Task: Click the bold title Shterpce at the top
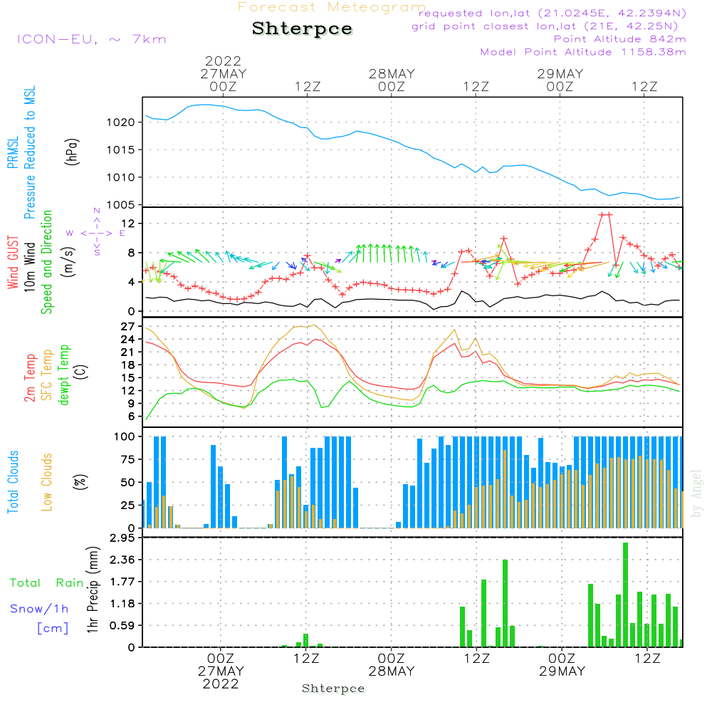(302, 28)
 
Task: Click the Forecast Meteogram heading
(332, 7)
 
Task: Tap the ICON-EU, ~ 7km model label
(91, 38)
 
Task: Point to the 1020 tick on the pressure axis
(121, 122)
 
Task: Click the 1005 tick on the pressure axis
(121, 205)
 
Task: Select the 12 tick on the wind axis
(128, 224)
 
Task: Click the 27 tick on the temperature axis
(128, 327)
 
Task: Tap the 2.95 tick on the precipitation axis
(122, 538)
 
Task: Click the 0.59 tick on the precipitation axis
(122, 625)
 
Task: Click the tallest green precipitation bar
(625, 595)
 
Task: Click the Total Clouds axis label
(13, 482)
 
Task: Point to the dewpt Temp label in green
(64, 375)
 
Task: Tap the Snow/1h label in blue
(39, 609)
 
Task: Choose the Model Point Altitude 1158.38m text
(583, 52)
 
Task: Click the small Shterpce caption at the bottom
(333, 689)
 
